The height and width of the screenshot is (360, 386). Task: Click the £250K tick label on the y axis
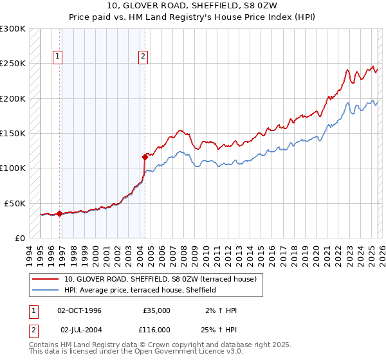point(13,64)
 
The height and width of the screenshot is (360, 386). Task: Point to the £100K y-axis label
point(13,168)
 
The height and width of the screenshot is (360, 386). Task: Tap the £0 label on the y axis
point(19,238)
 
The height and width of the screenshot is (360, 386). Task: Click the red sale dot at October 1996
point(60,213)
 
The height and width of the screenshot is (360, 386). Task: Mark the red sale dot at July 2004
point(145,156)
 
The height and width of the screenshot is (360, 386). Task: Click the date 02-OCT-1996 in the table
point(79,310)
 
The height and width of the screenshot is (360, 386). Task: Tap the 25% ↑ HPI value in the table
point(219,329)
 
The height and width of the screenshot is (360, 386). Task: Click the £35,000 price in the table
point(156,310)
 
